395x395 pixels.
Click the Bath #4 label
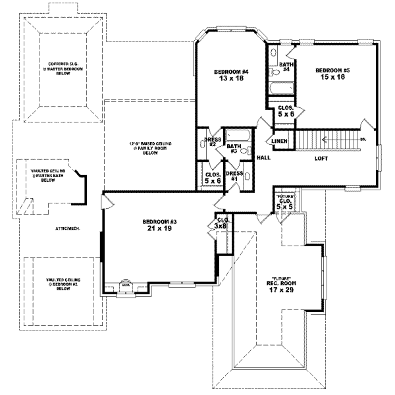(285, 66)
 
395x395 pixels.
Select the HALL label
(264, 158)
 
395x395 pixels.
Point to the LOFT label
(322, 158)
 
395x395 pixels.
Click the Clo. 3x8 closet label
(222, 223)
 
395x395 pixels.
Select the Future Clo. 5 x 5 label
(284, 201)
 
